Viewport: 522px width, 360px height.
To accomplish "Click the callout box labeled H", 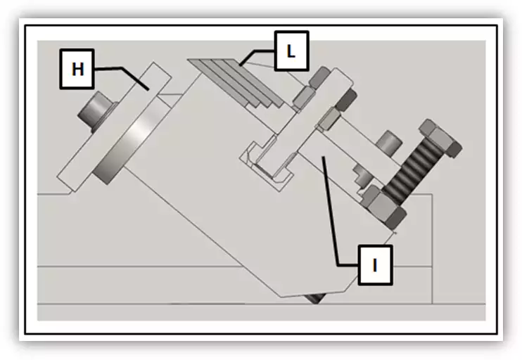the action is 77,69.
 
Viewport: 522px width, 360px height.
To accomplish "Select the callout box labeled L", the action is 292,51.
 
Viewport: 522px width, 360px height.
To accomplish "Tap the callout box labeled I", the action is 375,265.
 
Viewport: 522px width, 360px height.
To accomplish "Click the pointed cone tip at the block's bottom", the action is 315,298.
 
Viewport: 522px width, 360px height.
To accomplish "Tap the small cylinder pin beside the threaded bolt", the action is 388,143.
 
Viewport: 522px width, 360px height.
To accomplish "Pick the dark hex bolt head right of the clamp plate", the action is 345,100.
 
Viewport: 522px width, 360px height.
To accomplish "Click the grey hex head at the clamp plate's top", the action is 319,78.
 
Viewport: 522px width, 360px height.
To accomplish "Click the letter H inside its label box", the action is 77,70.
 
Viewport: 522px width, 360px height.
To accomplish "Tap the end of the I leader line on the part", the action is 322,156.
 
